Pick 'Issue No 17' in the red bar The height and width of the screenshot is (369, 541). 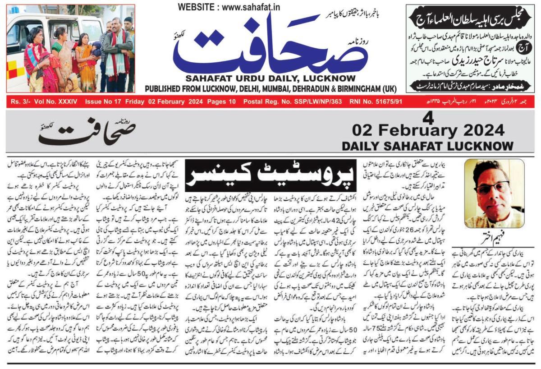pos(104,102)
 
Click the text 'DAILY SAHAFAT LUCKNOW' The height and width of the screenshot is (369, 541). pos(427,146)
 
